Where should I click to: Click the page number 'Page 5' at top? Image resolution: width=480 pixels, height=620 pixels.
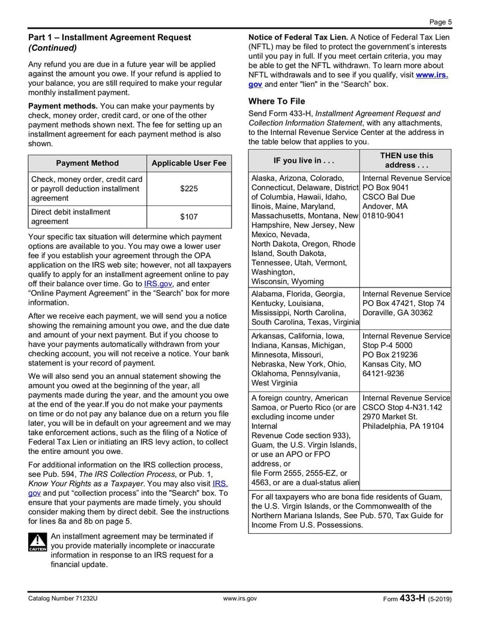pyautogui.click(x=441, y=22)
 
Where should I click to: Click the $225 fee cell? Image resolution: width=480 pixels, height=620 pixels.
pyautogui.click(x=189, y=189)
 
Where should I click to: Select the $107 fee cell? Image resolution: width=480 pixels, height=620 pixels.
pyautogui.click(x=189, y=217)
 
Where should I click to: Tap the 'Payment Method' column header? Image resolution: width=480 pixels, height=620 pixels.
pyautogui.click(x=88, y=163)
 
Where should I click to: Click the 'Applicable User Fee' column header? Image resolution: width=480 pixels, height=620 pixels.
pyautogui.click(x=189, y=163)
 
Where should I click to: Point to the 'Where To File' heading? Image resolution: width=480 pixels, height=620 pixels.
pyautogui.click(x=277, y=101)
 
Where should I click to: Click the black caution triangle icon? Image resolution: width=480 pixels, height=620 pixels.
pyautogui.click(x=37, y=542)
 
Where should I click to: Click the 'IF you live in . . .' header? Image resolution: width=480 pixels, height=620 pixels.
pyautogui.click(x=304, y=161)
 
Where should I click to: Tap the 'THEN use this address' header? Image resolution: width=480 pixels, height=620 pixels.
pyautogui.click(x=406, y=160)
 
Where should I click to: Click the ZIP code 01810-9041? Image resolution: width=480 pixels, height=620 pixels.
pyautogui.click(x=384, y=215)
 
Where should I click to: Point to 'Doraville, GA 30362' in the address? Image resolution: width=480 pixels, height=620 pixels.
pyautogui.click(x=397, y=313)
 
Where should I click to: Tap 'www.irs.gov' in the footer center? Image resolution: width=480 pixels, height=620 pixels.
pyautogui.click(x=240, y=598)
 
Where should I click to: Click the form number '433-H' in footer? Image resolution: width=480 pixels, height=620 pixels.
pyautogui.click(x=413, y=598)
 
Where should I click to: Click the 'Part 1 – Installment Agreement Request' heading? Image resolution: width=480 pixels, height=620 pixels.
pyautogui.click(x=110, y=37)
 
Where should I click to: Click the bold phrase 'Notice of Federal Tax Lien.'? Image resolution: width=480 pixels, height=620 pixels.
pyautogui.click(x=298, y=37)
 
